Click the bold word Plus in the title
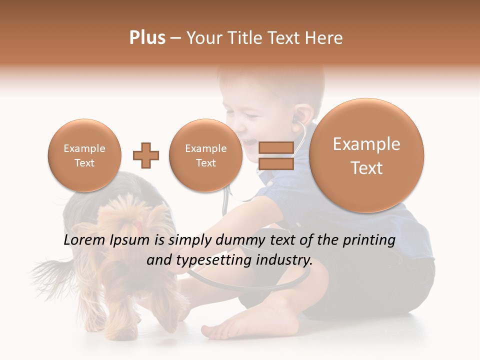(147, 38)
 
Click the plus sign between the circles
(146, 155)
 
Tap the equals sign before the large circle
(275, 155)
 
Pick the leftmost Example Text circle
(84, 155)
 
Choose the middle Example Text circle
(205, 155)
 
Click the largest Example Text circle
(366, 155)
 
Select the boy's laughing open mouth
(248, 143)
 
